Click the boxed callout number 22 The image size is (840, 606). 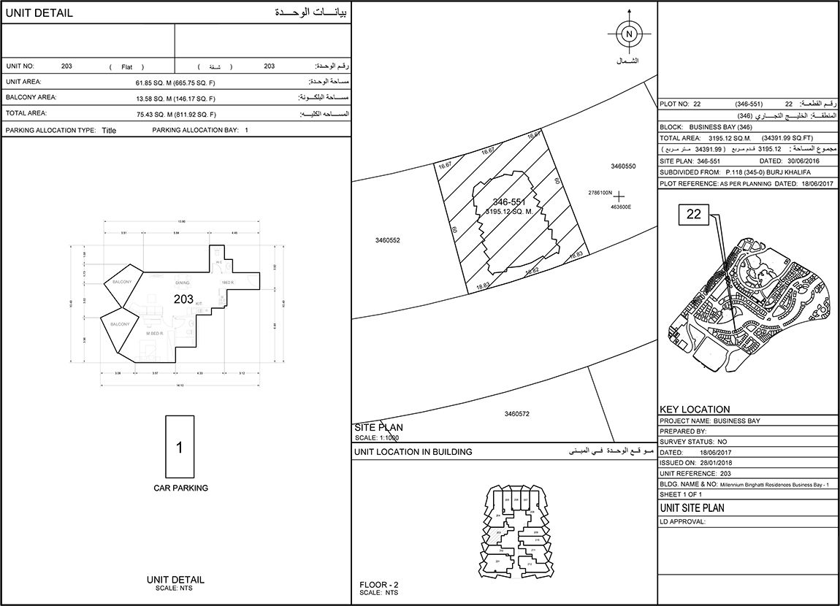tap(693, 214)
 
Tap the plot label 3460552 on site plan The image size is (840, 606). tap(388, 240)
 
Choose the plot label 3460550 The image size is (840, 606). tap(623, 166)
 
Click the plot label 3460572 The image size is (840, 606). tap(516, 414)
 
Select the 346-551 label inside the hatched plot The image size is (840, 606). tap(509, 202)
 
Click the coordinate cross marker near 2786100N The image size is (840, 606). tap(619, 196)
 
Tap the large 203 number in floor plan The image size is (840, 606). tap(183, 299)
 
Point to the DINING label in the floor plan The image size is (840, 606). tap(183, 282)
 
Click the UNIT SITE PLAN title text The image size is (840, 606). tap(692, 507)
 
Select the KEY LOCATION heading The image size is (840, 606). tap(695, 410)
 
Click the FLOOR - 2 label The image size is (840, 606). tap(379, 585)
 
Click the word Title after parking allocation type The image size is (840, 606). tap(109, 131)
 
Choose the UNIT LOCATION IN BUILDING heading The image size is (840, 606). tap(413, 452)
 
